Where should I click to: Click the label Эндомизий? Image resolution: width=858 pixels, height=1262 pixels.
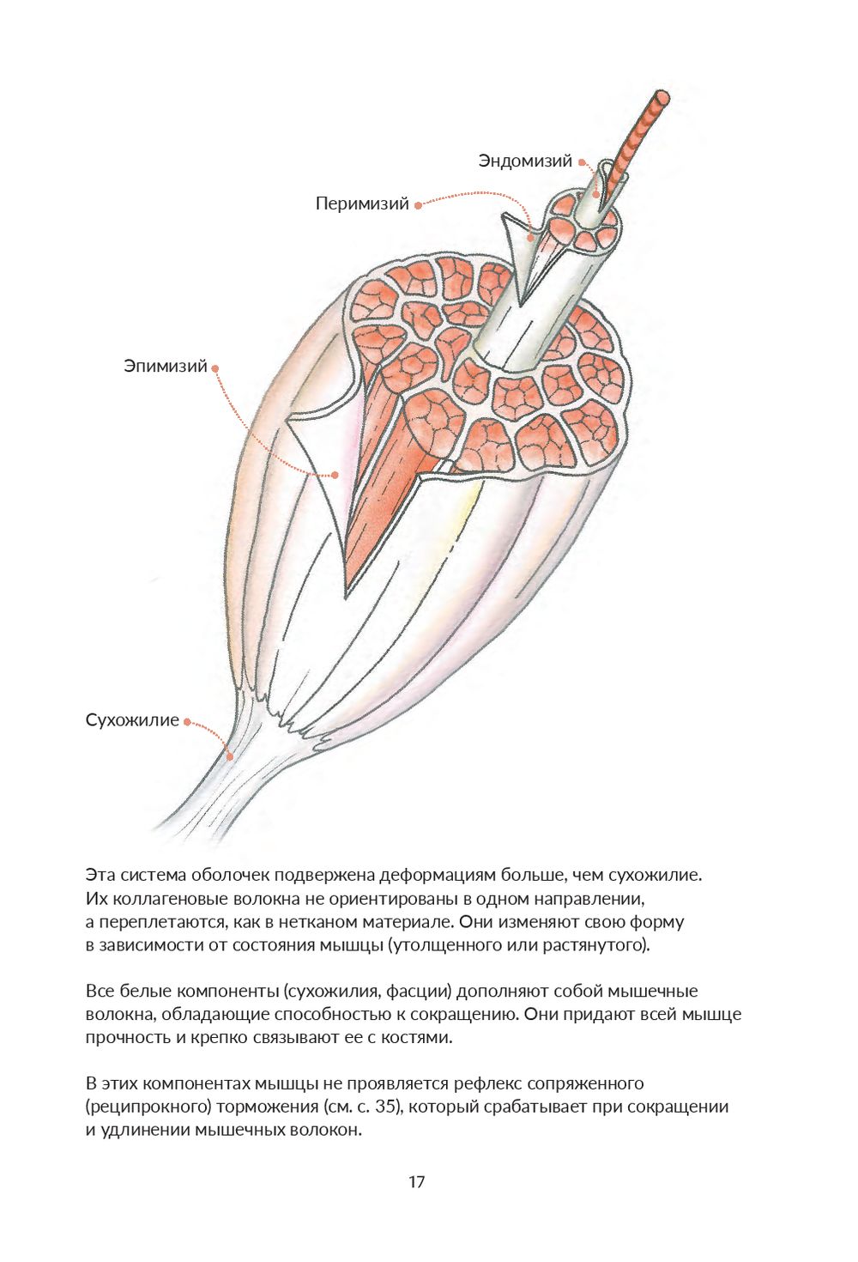point(525,161)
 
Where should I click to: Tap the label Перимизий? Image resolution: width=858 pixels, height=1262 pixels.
point(361,204)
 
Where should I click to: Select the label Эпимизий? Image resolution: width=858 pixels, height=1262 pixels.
point(166,367)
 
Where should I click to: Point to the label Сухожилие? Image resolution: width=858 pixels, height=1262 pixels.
point(132,720)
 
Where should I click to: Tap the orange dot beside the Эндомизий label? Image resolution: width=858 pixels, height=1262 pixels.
point(582,161)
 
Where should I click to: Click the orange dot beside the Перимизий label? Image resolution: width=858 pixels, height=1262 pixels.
point(418,205)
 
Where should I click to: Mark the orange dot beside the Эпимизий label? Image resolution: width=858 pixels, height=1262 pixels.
point(215,367)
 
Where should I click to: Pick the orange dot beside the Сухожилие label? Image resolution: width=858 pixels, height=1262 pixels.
point(187,721)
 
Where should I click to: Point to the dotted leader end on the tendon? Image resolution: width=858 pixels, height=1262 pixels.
point(230,756)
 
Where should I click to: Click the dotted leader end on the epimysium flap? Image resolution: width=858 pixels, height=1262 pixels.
point(335,474)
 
